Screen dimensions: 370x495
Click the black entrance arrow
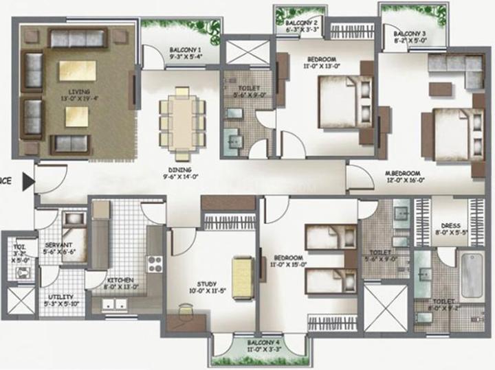coord(28,182)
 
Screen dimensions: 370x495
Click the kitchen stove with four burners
coord(154,264)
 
